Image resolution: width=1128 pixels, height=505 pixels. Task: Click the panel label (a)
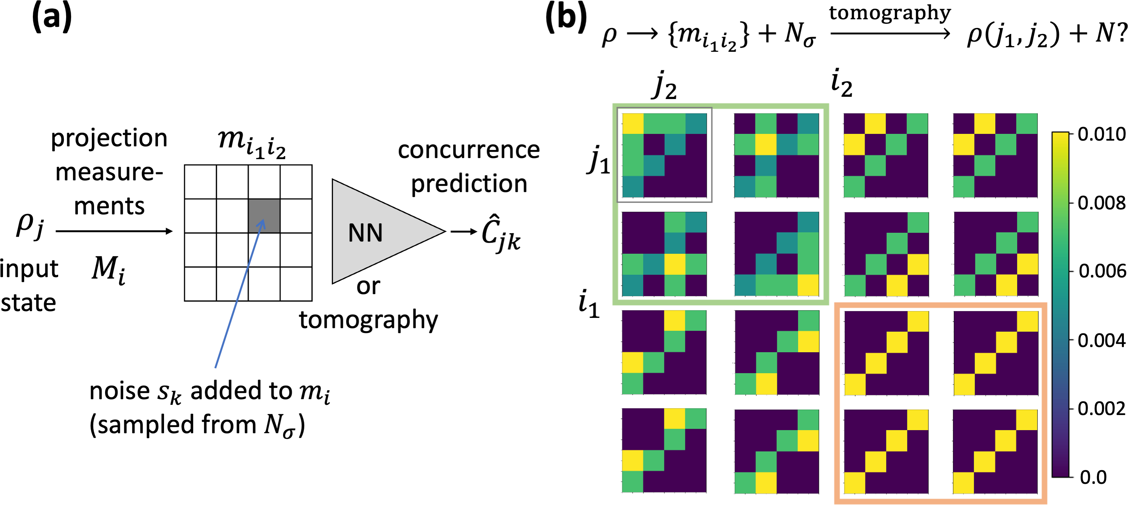pos(52,17)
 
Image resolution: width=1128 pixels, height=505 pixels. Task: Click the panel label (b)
pos(565,17)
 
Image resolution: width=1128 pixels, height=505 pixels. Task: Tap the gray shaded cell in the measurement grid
pos(264,216)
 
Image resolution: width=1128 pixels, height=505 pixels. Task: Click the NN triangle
pos(377,232)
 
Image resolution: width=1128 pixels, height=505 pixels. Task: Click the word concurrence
pos(469,150)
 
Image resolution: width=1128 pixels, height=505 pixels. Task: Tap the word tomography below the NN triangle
pos(368,320)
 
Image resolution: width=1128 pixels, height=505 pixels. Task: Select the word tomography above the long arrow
pos(890,13)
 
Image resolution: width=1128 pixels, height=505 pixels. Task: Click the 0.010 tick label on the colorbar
pos(1101,134)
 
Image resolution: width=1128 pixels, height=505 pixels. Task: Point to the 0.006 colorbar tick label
pos(1102,271)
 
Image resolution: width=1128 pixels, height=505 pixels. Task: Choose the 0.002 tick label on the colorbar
pos(1101,408)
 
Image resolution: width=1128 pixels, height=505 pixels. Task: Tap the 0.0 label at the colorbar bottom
pos(1093,477)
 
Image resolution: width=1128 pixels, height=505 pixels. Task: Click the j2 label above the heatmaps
pos(665,86)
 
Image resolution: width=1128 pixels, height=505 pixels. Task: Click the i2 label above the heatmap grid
pos(841,83)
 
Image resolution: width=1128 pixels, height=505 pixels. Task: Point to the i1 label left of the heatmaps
pos(588,304)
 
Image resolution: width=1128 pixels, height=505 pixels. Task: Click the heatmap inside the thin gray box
pos(664,155)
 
